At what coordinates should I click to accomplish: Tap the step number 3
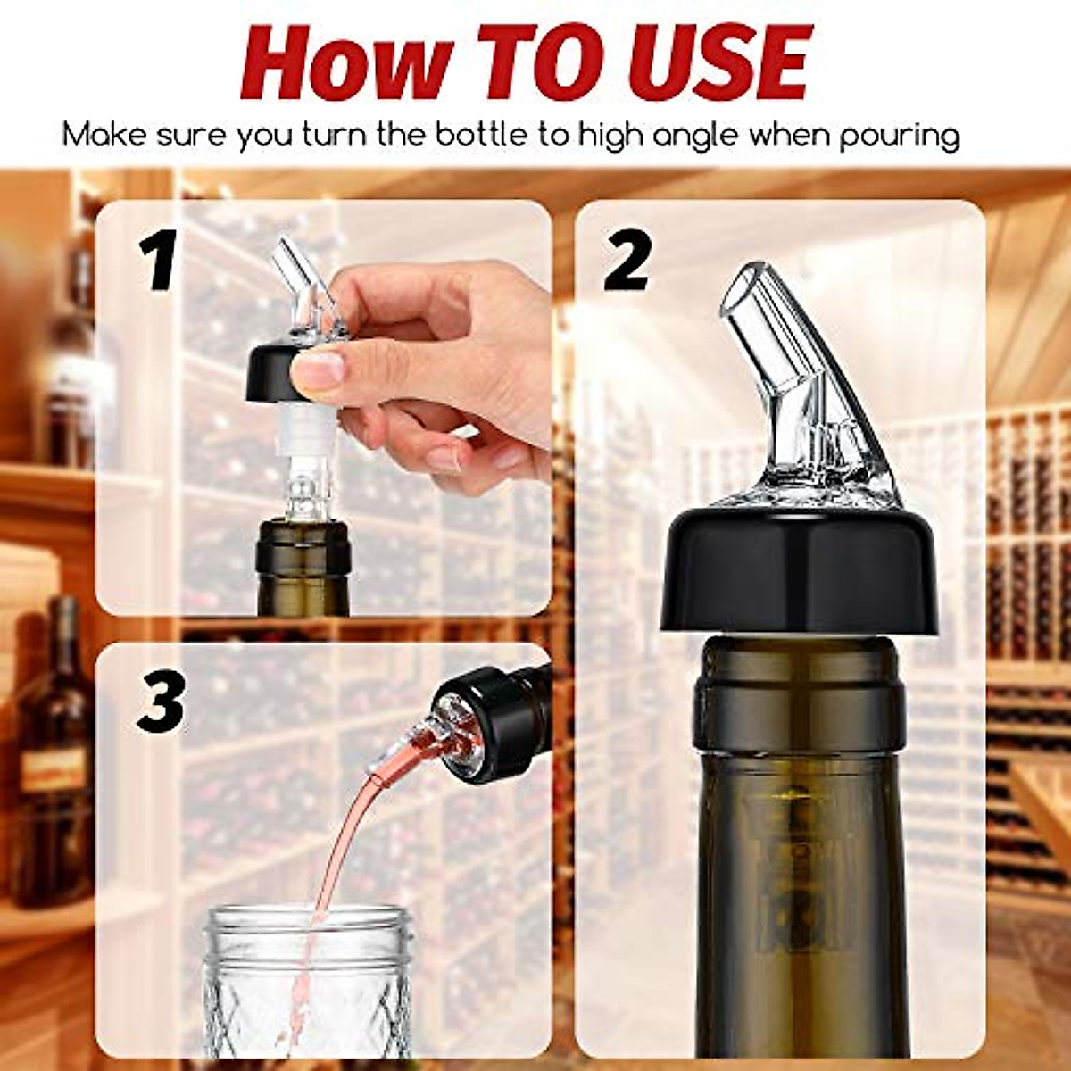click(x=161, y=701)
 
